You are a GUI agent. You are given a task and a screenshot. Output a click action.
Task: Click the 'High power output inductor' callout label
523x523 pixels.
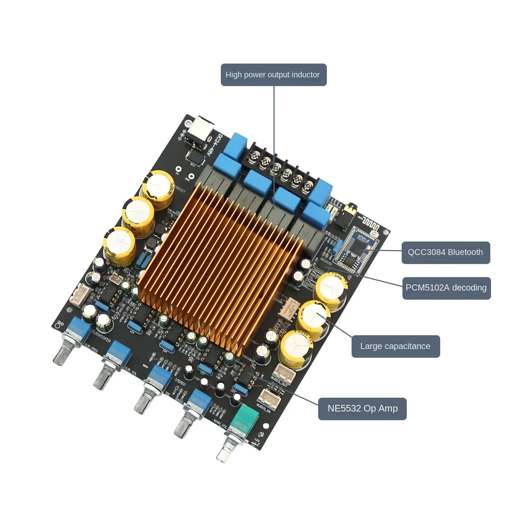[x=273, y=75]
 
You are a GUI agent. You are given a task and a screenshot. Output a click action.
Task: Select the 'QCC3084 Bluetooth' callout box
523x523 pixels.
[x=446, y=252]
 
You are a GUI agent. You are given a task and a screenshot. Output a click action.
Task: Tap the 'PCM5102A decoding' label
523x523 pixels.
[x=446, y=288]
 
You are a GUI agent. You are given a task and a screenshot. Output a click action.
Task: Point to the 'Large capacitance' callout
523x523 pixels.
[x=396, y=346]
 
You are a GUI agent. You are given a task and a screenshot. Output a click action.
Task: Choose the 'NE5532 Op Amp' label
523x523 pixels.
[x=362, y=409]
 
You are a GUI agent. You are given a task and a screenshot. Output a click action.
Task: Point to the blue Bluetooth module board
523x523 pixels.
[x=356, y=247]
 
